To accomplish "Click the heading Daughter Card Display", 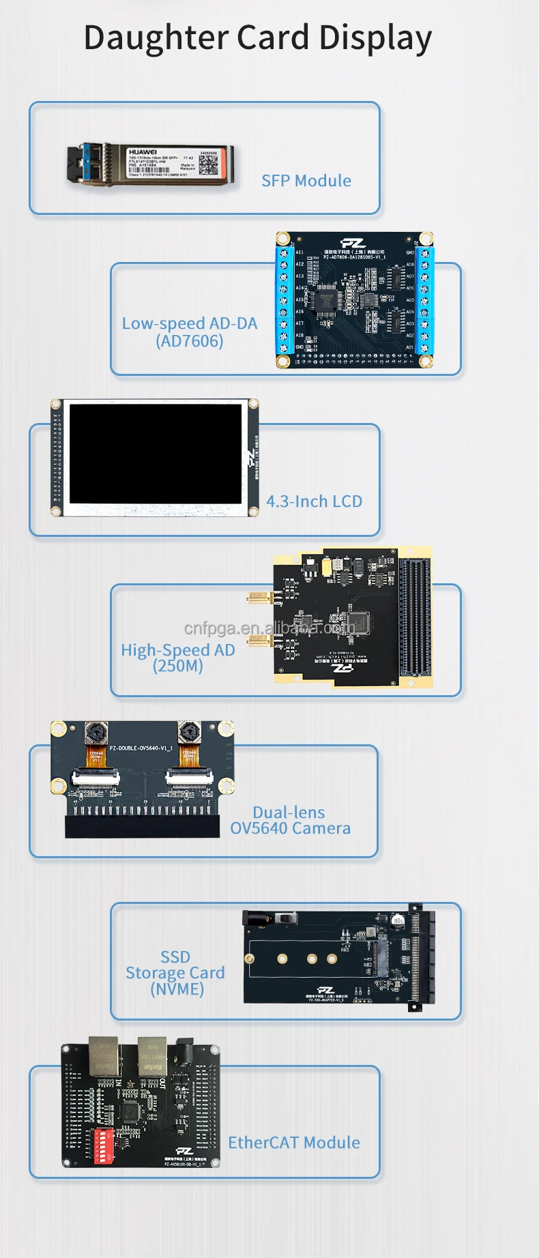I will point(257,38).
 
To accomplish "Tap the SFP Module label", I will point(306,181).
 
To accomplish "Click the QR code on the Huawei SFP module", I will point(208,163).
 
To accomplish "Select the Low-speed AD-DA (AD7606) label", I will point(190,332).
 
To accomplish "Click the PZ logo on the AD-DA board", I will point(353,243).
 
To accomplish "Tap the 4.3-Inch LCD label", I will point(314,501).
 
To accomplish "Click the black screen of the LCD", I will point(156,454).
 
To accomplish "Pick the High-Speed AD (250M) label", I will point(178,658).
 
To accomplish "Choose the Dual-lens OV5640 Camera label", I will point(290,820).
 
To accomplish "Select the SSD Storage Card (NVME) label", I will point(175,973).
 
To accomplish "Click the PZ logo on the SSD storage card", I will point(326,990).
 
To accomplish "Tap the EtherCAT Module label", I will point(294,1143).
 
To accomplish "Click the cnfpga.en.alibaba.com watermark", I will point(269,628).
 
